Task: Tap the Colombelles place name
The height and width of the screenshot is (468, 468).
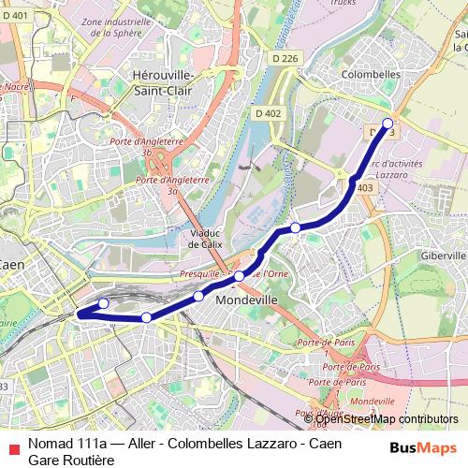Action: (x=371, y=73)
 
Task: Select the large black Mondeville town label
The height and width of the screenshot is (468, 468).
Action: (x=247, y=301)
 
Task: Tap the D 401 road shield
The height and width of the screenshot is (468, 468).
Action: (x=18, y=15)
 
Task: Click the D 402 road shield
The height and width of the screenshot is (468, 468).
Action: (x=268, y=113)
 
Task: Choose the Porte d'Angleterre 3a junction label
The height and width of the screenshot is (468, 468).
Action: (x=170, y=184)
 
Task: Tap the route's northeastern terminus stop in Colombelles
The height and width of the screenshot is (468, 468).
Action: (x=388, y=123)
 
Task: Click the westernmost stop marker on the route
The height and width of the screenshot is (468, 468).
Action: (x=103, y=304)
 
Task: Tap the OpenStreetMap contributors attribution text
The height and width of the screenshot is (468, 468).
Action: (x=384, y=418)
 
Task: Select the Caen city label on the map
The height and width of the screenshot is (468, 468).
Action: (x=11, y=265)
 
